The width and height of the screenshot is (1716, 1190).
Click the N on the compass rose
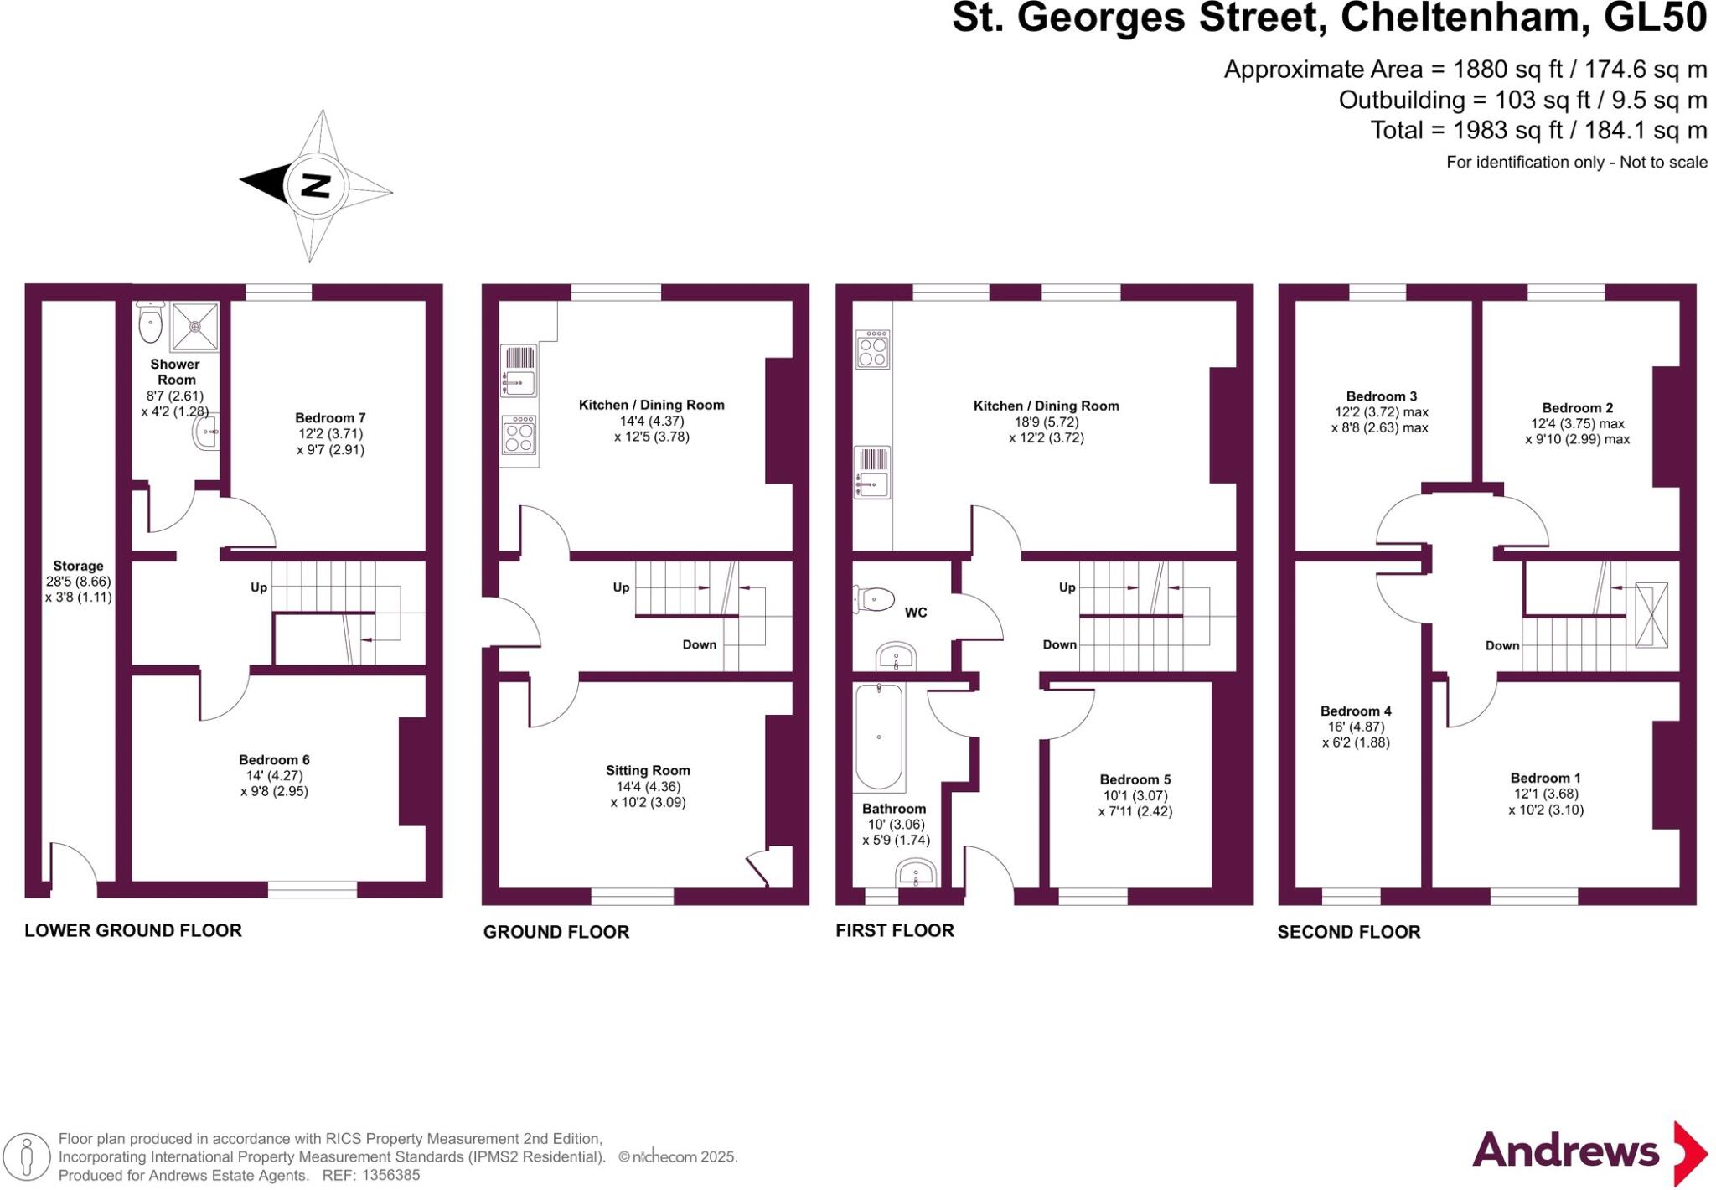(x=315, y=185)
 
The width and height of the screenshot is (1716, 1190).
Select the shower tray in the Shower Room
(x=194, y=326)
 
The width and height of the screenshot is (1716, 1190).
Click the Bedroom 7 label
(x=330, y=418)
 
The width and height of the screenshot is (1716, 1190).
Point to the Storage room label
(x=78, y=567)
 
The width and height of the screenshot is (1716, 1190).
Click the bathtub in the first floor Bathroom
(x=878, y=737)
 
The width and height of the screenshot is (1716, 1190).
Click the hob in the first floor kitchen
(x=872, y=349)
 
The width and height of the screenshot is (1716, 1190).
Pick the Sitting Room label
(x=648, y=771)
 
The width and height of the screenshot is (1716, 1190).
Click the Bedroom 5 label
(x=1135, y=780)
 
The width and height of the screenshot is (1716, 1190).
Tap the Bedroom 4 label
(x=1356, y=711)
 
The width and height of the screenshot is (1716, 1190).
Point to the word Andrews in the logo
(x=1565, y=1150)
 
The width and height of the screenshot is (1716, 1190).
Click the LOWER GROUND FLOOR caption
(x=133, y=930)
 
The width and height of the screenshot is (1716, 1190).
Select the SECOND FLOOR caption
(x=1348, y=932)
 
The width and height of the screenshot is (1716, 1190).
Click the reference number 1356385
(x=390, y=1175)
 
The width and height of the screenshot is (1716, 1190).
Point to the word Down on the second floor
(x=1501, y=646)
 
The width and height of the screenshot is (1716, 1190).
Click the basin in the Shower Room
(x=206, y=433)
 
